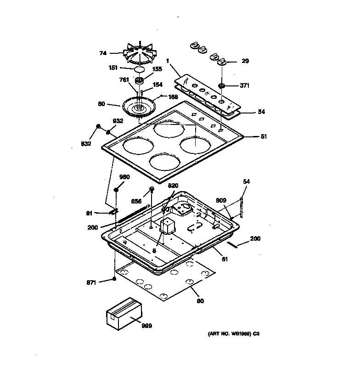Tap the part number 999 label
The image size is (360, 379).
point(146,326)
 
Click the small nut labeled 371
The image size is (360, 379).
point(222,86)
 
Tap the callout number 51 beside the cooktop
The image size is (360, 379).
point(264,136)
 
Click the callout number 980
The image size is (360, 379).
point(124,177)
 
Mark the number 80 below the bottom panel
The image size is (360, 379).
point(200,301)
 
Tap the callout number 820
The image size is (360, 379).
point(173,186)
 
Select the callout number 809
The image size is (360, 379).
point(221,200)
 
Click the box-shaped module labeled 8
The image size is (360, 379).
point(167,226)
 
